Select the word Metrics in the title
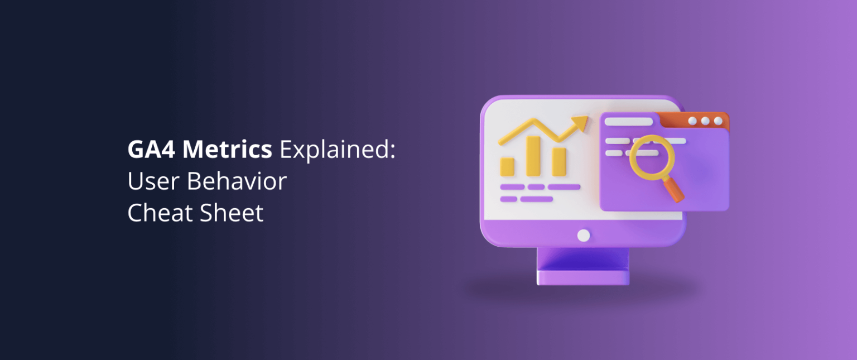coord(227,150)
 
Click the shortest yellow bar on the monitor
coord(507,166)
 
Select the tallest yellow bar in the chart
coord(533,156)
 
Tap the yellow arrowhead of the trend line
coord(581,122)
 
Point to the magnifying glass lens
coord(652,159)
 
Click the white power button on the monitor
coord(584,236)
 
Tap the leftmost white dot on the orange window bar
coord(693,121)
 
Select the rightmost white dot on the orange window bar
coord(718,121)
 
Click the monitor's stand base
coord(583,277)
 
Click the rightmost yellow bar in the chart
coord(559,161)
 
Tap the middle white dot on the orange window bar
coord(706,121)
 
